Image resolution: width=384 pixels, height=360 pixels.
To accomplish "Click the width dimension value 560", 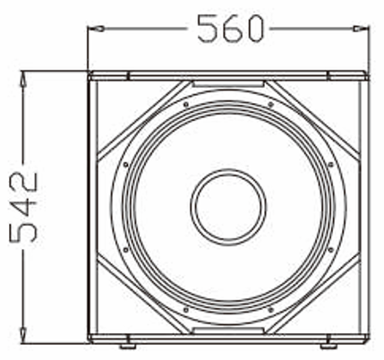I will [x=231, y=30].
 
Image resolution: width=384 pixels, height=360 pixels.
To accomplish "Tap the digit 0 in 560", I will [x=253, y=30].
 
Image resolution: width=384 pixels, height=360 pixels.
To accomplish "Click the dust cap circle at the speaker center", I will [x=228, y=205].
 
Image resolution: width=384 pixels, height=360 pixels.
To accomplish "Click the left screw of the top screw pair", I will [x=184, y=103].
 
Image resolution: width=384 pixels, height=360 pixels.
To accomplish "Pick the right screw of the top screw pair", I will [x=272, y=103].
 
